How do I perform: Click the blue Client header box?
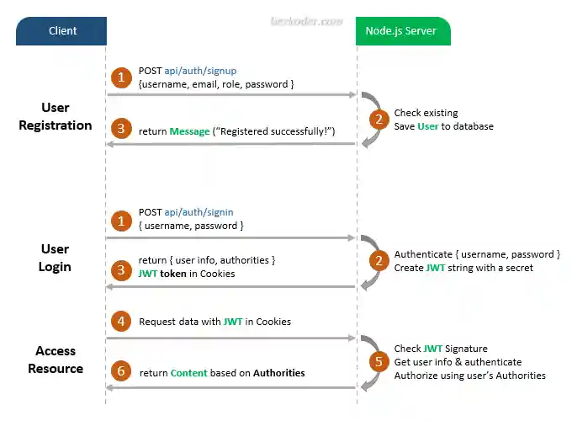click(61, 31)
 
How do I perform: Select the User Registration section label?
click(56, 117)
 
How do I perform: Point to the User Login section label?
click(56, 258)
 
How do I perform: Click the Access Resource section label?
click(56, 360)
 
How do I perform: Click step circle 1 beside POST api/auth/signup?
click(122, 77)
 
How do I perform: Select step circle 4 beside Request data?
click(122, 321)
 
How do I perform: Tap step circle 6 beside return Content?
click(122, 372)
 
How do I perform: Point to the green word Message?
click(188, 131)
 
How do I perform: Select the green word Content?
click(189, 373)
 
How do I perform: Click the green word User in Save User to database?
click(428, 126)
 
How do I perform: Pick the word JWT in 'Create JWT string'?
click(434, 268)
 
